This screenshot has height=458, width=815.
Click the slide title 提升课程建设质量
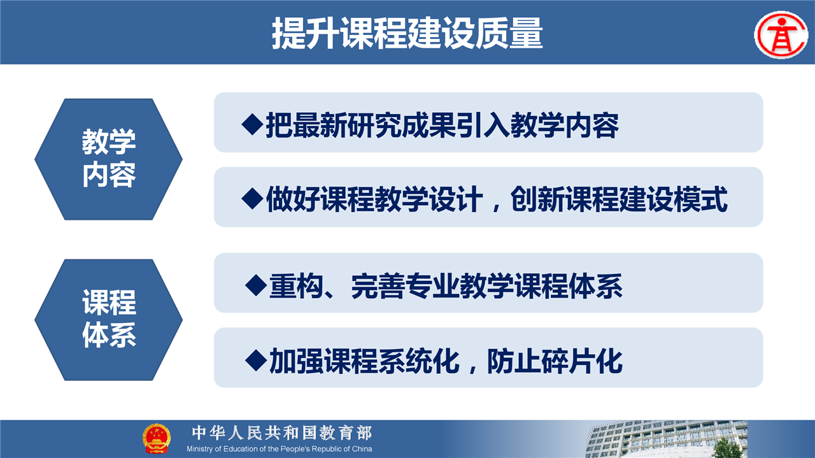click(407, 34)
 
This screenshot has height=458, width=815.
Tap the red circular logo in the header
click(781, 35)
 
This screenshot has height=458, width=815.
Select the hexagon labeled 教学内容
click(108, 159)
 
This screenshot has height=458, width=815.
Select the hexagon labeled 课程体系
click(108, 320)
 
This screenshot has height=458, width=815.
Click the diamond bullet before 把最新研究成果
click(252, 124)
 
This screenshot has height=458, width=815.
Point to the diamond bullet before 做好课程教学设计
click(252, 199)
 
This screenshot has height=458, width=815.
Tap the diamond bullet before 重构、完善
click(256, 285)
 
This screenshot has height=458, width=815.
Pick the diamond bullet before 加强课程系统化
click(256, 360)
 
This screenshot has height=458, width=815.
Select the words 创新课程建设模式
click(619, 199)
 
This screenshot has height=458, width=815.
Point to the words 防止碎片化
click(555, 361)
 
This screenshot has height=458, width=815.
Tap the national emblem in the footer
click(157, 438)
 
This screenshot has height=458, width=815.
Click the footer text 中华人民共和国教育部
click(282, 433)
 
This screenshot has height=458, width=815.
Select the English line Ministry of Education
click(280, 449)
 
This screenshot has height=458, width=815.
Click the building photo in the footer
click(667, 439)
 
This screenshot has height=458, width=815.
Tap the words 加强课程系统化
click(364, 361)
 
